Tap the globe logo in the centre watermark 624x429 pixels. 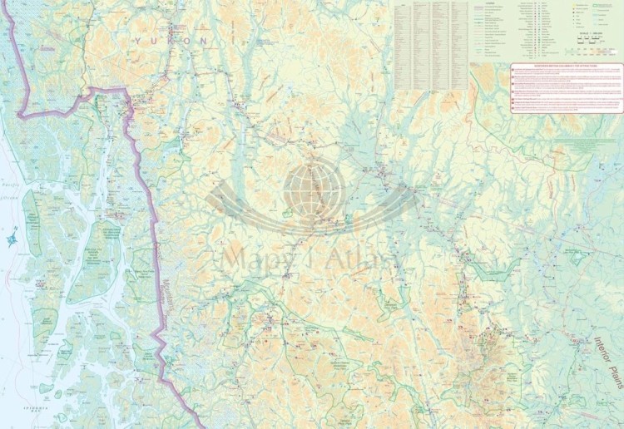coord(314,188)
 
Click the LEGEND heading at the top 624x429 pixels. coord(482,3)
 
